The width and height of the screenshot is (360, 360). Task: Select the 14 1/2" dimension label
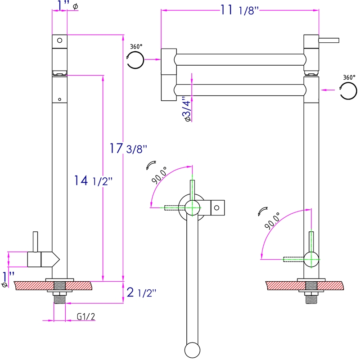coord(93,181)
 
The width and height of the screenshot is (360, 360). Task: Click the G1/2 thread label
coord(85,317)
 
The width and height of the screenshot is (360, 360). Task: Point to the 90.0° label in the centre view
coord(160,175)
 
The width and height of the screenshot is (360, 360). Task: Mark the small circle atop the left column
coord(59,40)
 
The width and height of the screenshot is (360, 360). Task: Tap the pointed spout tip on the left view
coord(55,259)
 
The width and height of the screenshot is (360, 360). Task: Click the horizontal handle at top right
coord(329,41)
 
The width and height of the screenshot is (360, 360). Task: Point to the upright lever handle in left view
coord(35,243)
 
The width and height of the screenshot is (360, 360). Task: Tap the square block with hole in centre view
coord(216,207)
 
